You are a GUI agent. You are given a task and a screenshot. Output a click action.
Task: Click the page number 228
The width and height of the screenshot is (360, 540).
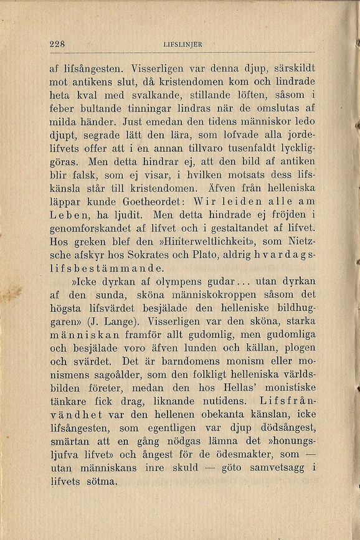tap(58, 44)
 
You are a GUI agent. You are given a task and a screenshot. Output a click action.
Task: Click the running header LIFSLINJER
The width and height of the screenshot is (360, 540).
tap(182, 44)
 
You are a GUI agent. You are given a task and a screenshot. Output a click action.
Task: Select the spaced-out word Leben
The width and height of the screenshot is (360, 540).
tap(74, 215)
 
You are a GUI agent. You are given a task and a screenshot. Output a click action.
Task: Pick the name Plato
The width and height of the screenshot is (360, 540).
tap(212, 255)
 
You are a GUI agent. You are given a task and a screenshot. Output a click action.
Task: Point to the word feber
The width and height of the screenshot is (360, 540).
tap(63, 107)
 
